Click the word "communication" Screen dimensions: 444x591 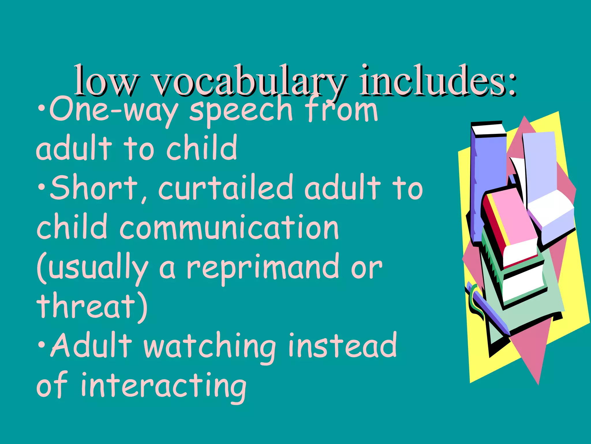(229, 227)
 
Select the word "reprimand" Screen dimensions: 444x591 (263, 267)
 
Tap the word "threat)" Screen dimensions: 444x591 (92, 306)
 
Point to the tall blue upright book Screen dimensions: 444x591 (488, 179)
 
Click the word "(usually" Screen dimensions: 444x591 (92, 267)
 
